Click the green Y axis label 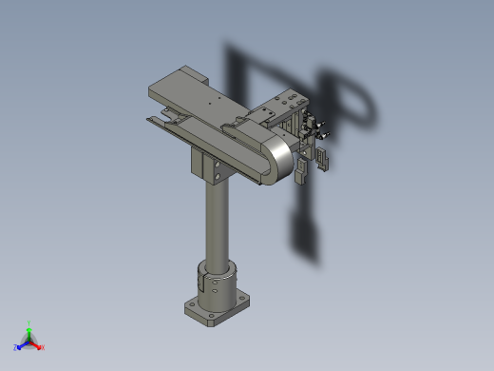coord(29,322)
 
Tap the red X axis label coord(42,347)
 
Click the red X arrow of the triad coord(36,344)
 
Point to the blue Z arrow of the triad coord(22,343)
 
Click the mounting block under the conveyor coord(215,169)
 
